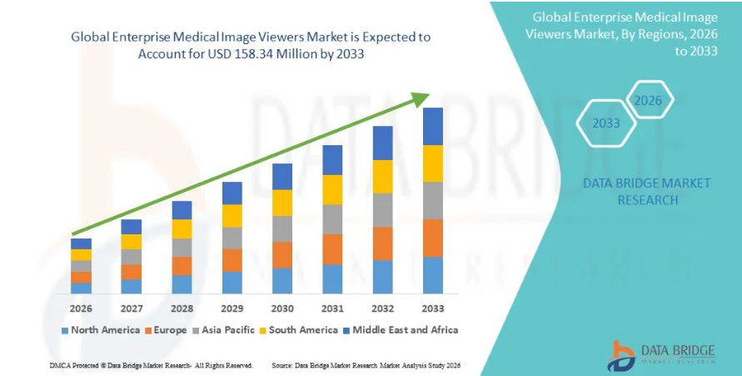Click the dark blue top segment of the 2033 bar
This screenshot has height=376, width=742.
(x=432, y=126)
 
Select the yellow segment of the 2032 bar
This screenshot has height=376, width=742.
(x=382, y=176)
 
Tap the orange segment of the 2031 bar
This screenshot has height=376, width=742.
(x=332, y=249)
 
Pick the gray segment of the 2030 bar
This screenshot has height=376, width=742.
(x=282, y=228)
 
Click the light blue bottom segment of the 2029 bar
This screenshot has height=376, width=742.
(x=232, y=283)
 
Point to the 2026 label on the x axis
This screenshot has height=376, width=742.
(x=81, y=308)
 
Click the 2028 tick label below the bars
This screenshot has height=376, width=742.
(x=182, y=308)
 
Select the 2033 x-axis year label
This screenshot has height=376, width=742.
(x=432, y=308)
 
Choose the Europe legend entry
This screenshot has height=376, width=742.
(x=167, y=330)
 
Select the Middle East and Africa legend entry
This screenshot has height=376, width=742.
(x=404, y=330)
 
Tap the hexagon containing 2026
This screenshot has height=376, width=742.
(x=648, y=101)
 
